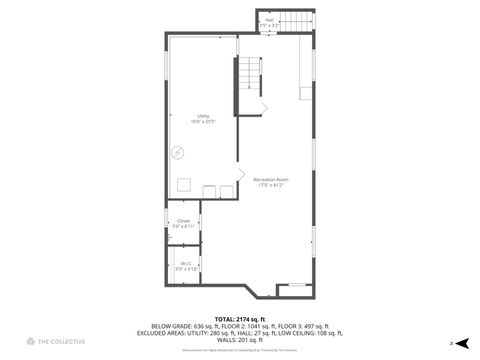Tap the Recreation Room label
click(271, 179)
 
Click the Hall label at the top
click(269, 19)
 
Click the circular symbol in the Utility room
click(177, 152)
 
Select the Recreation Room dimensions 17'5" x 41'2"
click(271, 185)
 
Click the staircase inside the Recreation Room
click(249, 76)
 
